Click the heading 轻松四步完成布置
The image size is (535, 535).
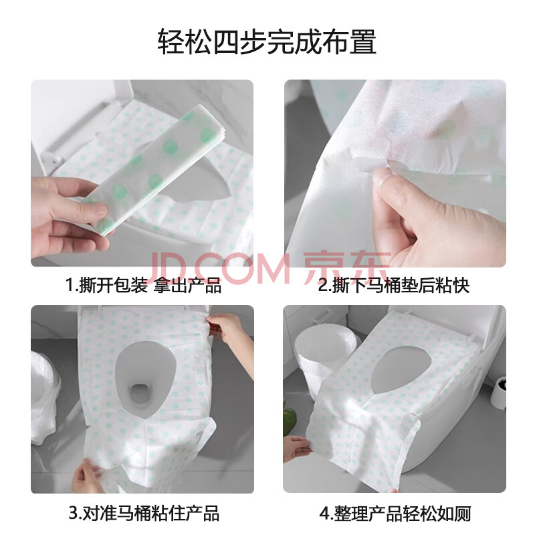tap(267, 41)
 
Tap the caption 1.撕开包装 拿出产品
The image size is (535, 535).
tap(143, 286)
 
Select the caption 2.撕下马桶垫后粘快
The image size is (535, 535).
tap(394, 286)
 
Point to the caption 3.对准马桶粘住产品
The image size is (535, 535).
tap(143, 513)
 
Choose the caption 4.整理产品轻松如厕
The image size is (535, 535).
tap(395, 514)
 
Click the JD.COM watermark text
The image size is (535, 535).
tap(219, 268)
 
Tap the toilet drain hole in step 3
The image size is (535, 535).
tap(138, 393)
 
